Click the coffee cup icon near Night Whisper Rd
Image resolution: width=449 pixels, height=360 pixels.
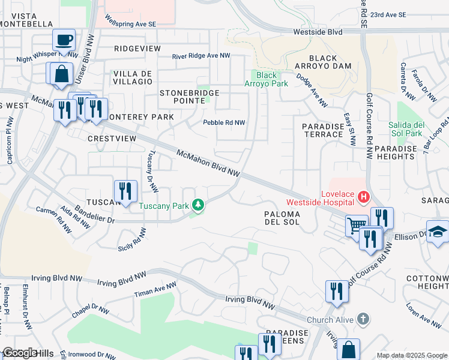point(64,41)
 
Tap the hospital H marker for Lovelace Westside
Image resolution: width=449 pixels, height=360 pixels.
point(363,196)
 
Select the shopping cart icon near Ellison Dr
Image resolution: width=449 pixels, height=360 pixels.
point(357,226)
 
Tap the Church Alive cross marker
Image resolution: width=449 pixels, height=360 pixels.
point(363,319)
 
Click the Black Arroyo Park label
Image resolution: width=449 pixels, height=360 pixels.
point(272,79)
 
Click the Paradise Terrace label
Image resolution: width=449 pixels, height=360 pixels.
point(322,130)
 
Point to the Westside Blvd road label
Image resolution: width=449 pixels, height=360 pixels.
point(318,31)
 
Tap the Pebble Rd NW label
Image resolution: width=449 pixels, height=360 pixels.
point(224,122)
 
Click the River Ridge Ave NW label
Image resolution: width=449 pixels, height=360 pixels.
point(201,56)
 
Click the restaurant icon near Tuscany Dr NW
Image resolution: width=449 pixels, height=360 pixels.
point(125,191)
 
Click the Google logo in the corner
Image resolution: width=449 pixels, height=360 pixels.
point(19,353)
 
